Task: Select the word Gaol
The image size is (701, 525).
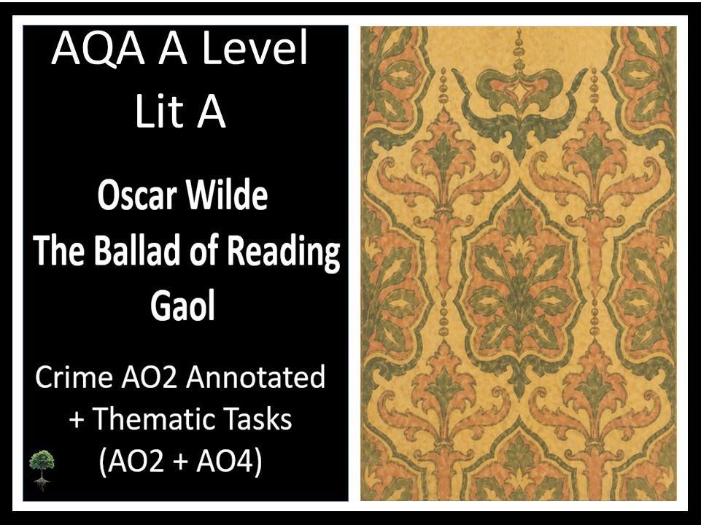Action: tap(182, 306)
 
